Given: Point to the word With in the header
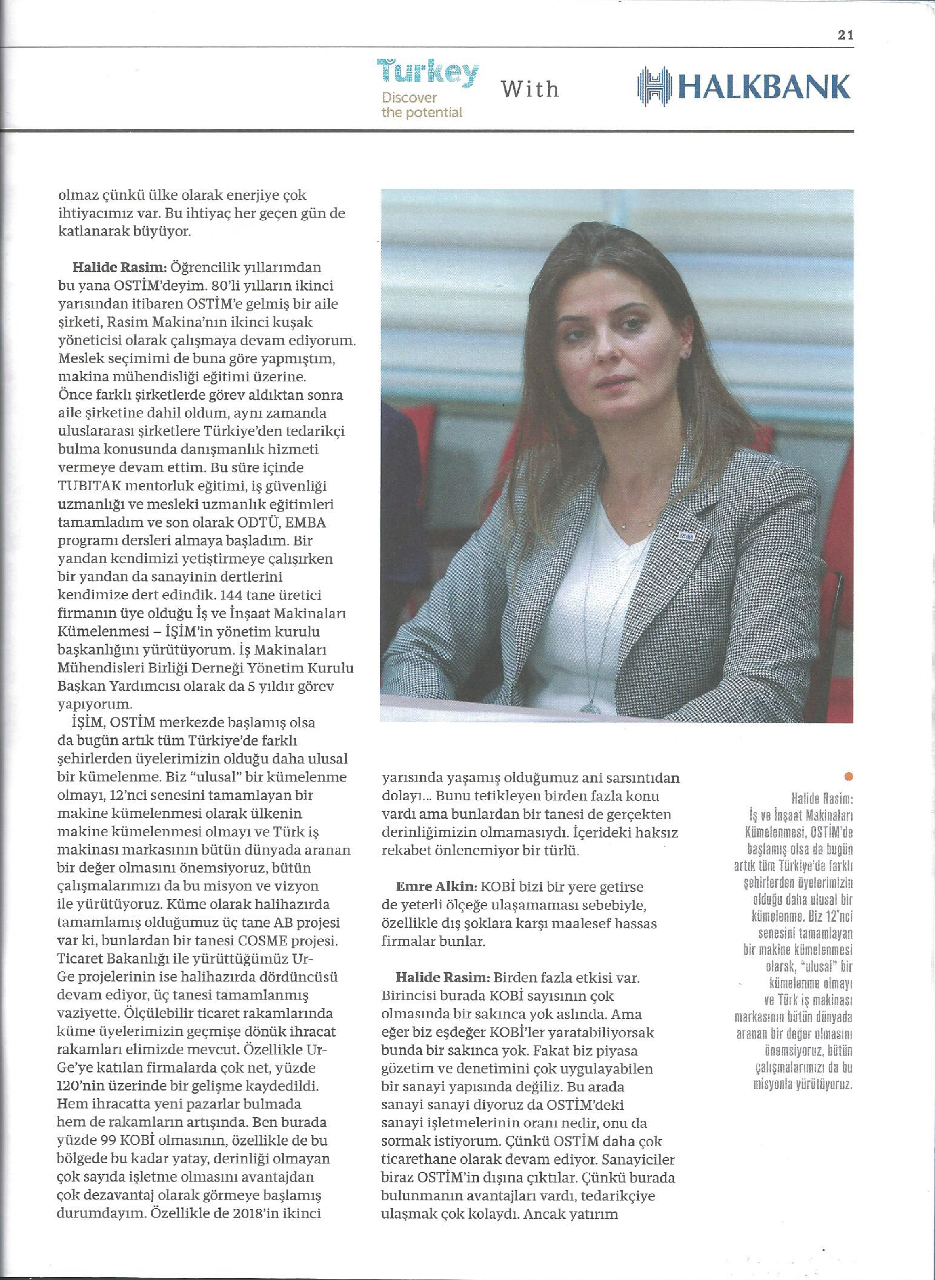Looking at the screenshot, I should (x=530, y=89).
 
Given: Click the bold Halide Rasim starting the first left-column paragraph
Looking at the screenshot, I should (x=117, y=268).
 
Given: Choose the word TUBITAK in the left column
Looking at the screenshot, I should (x=96, y=486).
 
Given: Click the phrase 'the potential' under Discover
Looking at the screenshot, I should (x=422, y=113).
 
